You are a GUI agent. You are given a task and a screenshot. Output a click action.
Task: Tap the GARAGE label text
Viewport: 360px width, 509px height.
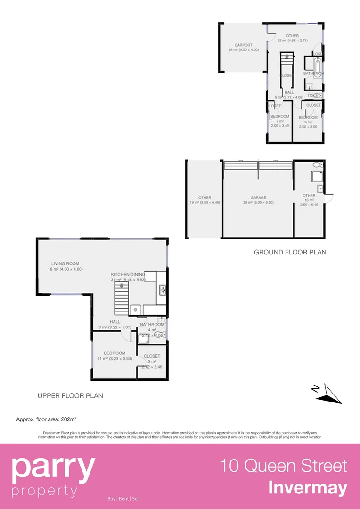coord(258,198)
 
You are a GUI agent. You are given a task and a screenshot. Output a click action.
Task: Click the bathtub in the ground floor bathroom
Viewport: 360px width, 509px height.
coord(318,66)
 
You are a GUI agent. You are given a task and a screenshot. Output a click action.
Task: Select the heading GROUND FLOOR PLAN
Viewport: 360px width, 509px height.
coord(290,252)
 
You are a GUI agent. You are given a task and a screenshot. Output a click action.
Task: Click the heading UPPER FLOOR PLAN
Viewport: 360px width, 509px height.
coord(70,396)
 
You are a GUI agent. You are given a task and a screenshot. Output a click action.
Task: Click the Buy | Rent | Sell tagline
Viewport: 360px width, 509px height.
coord(123,499)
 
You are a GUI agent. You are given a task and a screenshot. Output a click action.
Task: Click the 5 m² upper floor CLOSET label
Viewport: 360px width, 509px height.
coord(152,356)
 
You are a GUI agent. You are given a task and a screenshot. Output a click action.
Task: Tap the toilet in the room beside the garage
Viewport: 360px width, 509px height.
coord(317,165)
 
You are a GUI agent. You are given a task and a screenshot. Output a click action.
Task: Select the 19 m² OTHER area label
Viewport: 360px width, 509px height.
coord(205,198)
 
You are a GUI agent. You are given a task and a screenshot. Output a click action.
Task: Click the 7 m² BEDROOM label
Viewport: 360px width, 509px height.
coord(279,116)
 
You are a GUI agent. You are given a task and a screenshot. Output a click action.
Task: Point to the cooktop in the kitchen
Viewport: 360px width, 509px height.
coord(136,310)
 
